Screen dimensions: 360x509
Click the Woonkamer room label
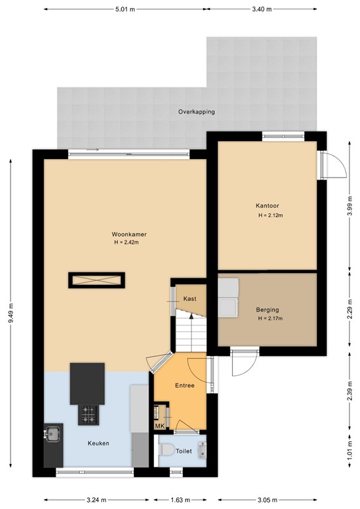click(x=129, y=234)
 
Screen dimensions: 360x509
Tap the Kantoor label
click(x=267, y=205)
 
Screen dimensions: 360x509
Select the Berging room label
click(x=267, y=310)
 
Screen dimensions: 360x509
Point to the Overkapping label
click(x=196, y=112)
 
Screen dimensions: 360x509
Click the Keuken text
click(x=98, y=443)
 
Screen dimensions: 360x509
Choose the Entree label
click(x=185, y=385)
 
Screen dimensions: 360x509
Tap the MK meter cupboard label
click(x=160, y=426)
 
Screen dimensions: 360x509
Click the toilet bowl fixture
click(x=166, y=449)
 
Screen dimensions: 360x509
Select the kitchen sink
click(x=52, y=433)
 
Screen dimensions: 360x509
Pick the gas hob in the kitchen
click(x=88, y=415)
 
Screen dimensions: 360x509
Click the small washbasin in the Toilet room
click(x=202, y=450)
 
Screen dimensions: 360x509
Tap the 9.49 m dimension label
click(x=11, y=313)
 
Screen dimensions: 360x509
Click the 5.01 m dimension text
click(x=125, y=9)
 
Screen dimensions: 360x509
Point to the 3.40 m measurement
click(x=262, y=9)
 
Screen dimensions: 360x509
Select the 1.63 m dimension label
click(x=180, y=500)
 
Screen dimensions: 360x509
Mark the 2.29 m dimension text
click(x=349, y=309)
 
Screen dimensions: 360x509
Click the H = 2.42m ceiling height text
click(x=127, y=242)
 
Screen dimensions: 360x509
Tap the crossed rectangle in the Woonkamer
click(x=96, y=280)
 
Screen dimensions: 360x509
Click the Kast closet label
click(x=190, y=299)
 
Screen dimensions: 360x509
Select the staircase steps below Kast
click(x=192, y=331)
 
